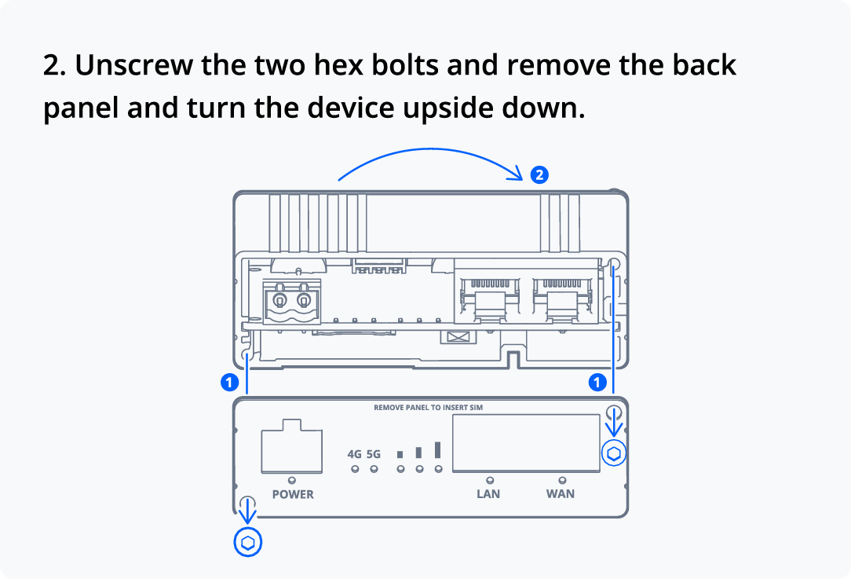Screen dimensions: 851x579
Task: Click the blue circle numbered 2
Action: [539, 175]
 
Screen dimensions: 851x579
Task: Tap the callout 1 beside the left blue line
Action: [229, 383]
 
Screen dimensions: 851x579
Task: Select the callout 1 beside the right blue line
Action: [597, 383]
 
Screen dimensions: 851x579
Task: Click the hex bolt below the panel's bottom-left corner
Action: [248, 543]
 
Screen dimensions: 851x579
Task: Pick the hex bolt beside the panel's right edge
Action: [614, 453]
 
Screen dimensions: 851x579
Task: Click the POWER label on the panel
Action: [293, 494]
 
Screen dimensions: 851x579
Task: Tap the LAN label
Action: [488, 493]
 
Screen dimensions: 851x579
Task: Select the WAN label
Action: [561, 493]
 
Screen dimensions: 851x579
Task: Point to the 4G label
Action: [354, 454]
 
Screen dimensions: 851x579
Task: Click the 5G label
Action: [374, 454]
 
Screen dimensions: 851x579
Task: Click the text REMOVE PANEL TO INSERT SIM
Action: [428, 408]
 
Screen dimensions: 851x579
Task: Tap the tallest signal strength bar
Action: [437, 449]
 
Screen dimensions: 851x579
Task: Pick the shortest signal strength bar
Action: [400, 454]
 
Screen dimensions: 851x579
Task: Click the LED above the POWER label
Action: [292, 480]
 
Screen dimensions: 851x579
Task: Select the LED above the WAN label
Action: [562, 480]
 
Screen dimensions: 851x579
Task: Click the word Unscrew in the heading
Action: [133, 65]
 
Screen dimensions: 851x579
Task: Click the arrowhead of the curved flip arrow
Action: [516, 174]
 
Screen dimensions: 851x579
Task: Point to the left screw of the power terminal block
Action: [279, 300]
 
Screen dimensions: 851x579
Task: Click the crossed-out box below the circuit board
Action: [458, 337]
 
